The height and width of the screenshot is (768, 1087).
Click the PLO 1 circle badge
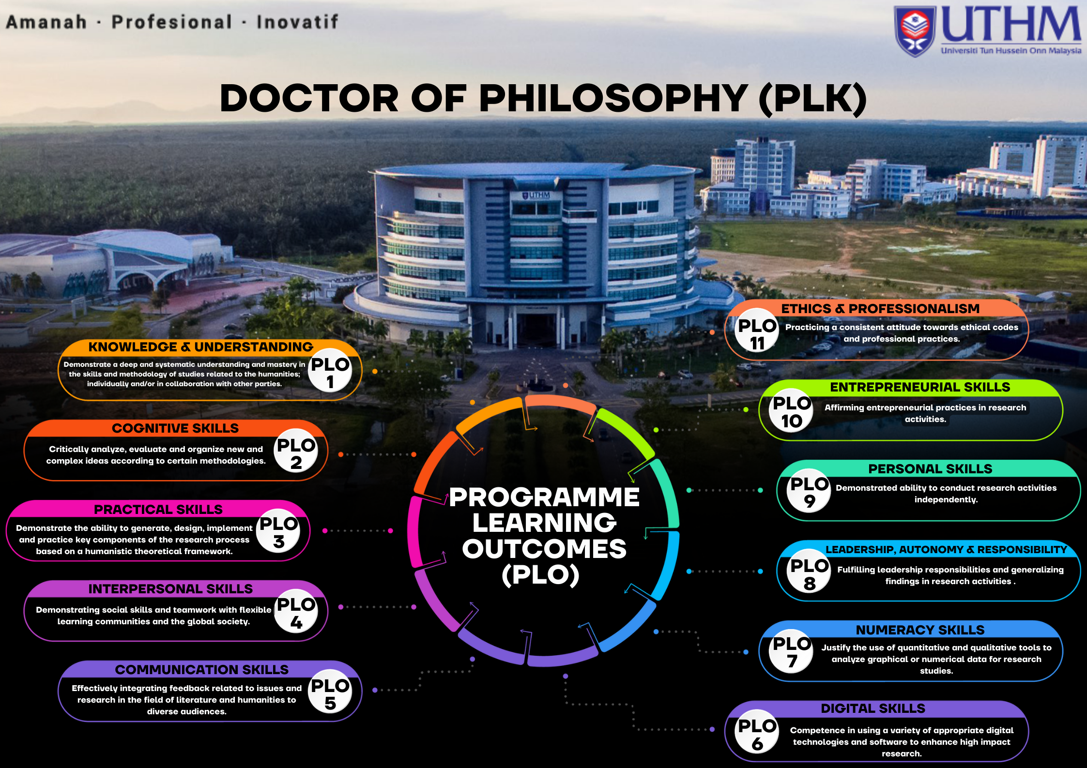tap(330, 370)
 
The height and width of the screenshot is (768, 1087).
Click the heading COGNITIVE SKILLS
tap(175, 428)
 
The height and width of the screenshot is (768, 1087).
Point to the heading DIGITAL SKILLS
tap(873, 708)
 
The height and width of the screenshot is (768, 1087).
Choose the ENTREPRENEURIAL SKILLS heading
tap(920, 387)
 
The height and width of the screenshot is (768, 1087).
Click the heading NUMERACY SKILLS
tap(920, 630)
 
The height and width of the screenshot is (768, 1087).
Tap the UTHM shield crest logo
tap(915, 31)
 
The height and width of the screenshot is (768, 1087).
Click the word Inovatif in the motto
tap(297, 22)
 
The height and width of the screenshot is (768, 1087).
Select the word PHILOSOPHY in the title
tap(613, 99)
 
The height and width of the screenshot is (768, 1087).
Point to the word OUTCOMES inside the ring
tap(544, 549)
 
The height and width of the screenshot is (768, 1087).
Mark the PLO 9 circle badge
tap(809, 491)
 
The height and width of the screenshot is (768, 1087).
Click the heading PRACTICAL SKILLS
tap(158, 510)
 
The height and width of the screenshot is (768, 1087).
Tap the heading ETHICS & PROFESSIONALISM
tap(880, 309)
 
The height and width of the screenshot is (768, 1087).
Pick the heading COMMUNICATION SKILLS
tap(201, 670)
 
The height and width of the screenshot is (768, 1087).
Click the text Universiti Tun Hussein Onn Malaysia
tap(1011, 50)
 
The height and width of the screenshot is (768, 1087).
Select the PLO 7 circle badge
tap(792, 651)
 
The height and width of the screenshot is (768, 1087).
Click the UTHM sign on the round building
tap(536, 195)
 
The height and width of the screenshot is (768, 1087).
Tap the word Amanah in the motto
tap(46, 22)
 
